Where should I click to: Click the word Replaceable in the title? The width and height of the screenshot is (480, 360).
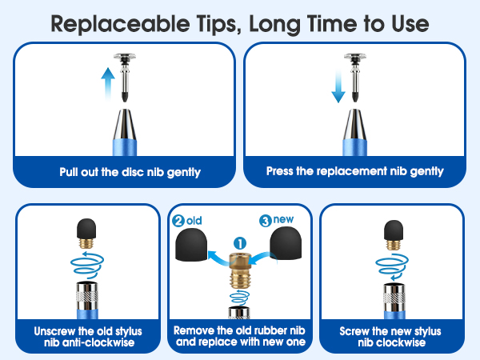pyautogui.click(x=120, y=25)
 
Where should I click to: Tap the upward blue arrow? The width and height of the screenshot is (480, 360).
pyautogui.click(x=108, y=83)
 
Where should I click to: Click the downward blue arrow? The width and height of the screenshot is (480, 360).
pyautogui.click(x=338, y=86)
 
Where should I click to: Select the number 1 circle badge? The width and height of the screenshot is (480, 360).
pyautogui.click(x=240, y=244)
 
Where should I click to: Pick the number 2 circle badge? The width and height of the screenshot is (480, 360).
pyautogui.click(x=178, y=221)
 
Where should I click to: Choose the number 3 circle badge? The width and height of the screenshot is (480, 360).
pyautogui.click(x=266, y=221)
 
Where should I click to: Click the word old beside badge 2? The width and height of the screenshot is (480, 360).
pyautogui.click(x=194, y=221)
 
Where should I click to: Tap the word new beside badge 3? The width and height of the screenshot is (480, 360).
pyautogui.click(x=283, y=219)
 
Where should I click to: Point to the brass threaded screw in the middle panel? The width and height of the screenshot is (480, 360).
pyautogui.click(x=240, y=270)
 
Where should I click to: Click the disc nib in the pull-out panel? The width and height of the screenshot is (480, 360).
pyautogui.click(x=125, y=77)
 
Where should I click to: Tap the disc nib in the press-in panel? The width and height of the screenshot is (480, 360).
pyautogui.click(x=355, y=77)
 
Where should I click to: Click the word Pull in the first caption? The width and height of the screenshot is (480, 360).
pyautogui.click(x=69, y=172)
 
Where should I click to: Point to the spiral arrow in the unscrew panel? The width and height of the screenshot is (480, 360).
pyautogui.click(x=87, y=263)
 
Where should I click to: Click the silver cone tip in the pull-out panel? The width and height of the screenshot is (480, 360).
pyautogui.click(x=125, y=124)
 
